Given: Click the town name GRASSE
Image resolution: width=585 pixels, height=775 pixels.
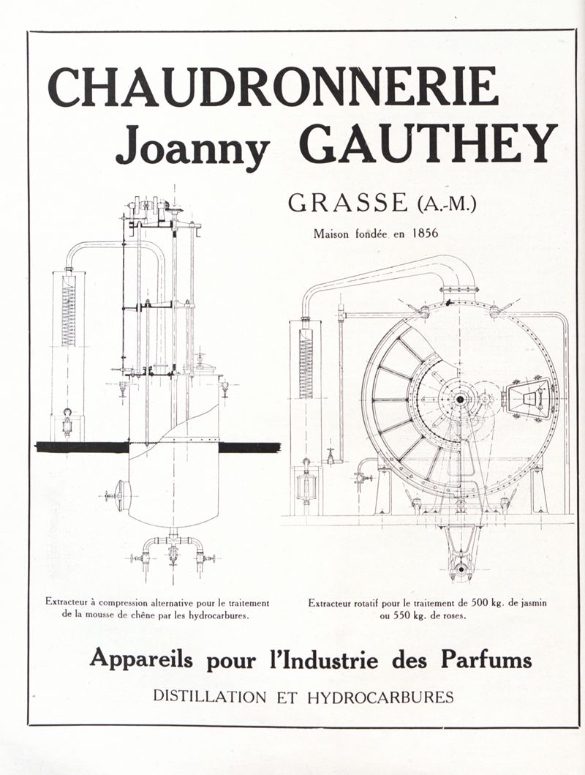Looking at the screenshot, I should (x=347, y=203).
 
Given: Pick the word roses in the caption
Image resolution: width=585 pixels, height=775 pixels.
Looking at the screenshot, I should (x=453, y=615).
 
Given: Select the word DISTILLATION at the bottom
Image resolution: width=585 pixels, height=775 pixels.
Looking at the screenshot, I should (x=209, y=697).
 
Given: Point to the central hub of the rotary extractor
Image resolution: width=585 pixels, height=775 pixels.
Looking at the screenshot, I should (x=460, y=399).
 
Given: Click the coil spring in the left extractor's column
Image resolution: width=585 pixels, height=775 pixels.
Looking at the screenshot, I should (x=68, y=315).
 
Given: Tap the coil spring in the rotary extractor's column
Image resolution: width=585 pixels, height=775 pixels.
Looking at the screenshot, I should (x=306, y=363).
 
